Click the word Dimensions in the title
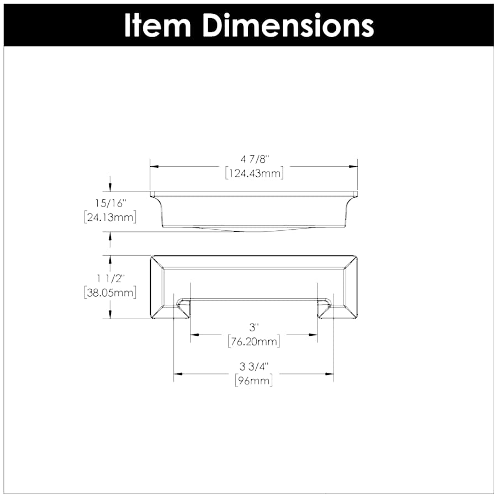287,24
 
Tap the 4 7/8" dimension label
254,160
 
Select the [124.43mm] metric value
254,173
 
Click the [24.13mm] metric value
110,218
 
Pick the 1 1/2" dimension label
110,279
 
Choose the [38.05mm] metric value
110,293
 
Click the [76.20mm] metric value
254,342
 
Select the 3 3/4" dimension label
254,367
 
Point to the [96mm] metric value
254,380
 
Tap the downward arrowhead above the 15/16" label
110,188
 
